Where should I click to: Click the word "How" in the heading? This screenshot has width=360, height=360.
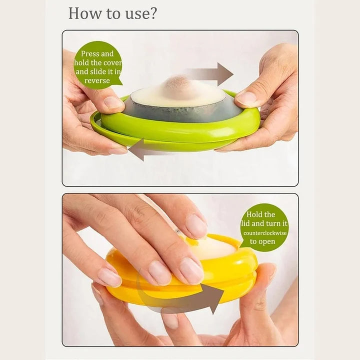pos(84,13)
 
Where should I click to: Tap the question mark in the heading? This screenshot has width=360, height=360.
pos(153,13)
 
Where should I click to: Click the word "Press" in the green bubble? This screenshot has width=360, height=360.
pos(90,53)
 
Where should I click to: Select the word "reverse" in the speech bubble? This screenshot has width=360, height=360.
pos(97,80)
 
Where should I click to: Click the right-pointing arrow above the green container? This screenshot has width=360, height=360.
pos(209,74)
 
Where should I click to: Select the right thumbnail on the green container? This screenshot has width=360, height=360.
pos(247,98)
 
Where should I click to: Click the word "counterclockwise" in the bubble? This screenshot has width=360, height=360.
pos(265,233)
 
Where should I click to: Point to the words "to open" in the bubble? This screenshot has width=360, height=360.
pos(262,241)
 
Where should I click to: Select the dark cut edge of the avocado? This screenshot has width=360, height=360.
pos(181,112)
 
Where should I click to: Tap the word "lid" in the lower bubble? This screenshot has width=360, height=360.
pos(245,223)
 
